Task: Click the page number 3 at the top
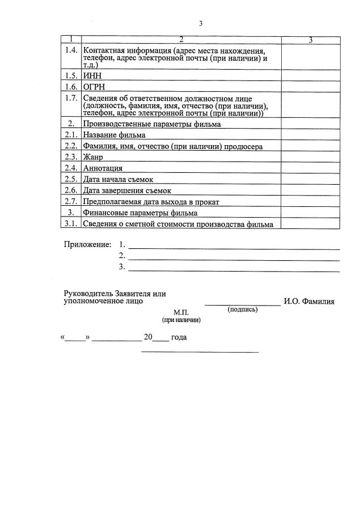[201, 23]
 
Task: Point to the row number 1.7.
[71, 98]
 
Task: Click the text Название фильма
[114, 135]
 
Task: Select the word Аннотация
[103, 168]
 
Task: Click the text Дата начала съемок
[117, 179]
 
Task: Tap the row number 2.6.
[71, 190]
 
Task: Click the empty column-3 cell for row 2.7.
[311, 201]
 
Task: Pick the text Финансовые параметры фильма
[140, 213]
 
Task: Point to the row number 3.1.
[71, 224]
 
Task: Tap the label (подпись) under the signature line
[242, 310]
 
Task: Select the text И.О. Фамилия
[309, 302]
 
